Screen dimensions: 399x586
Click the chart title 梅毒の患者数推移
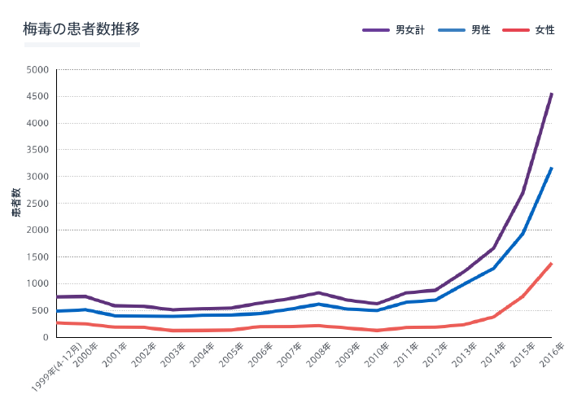point(81,28)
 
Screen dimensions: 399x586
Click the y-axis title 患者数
point(16,203)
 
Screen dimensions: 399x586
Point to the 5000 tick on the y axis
point(38,70)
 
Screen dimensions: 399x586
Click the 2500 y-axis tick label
point(38,204)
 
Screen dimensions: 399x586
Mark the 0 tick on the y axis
point(46,337)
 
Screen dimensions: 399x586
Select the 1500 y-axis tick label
point(38,257)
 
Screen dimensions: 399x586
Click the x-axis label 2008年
point(319,356)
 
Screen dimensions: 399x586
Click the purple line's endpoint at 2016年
point(552,94)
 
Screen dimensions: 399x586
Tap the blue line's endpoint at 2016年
point(552,168)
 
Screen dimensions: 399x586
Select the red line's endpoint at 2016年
point(552,263)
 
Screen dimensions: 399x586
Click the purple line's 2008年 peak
point(319,292)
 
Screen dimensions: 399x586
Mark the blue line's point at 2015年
point(523,234)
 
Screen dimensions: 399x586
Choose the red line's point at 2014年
point(493,317)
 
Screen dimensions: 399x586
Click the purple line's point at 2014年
point(493,248)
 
